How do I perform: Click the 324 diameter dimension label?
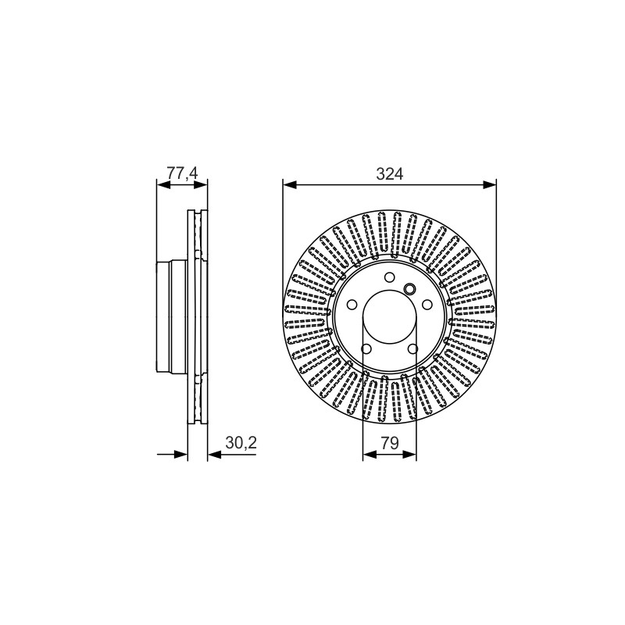(389, 174)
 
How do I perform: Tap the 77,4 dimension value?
(182, 173)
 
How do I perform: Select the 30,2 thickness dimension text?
(241, 442)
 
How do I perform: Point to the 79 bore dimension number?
(389, 443)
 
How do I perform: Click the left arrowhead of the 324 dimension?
(290, 184)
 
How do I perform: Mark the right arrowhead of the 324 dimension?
(490, 184)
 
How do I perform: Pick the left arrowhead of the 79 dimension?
(370, 455)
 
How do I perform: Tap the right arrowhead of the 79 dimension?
(409, 455)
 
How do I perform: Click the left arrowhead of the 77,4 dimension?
(163, 184)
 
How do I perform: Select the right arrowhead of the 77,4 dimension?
(201, 184)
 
